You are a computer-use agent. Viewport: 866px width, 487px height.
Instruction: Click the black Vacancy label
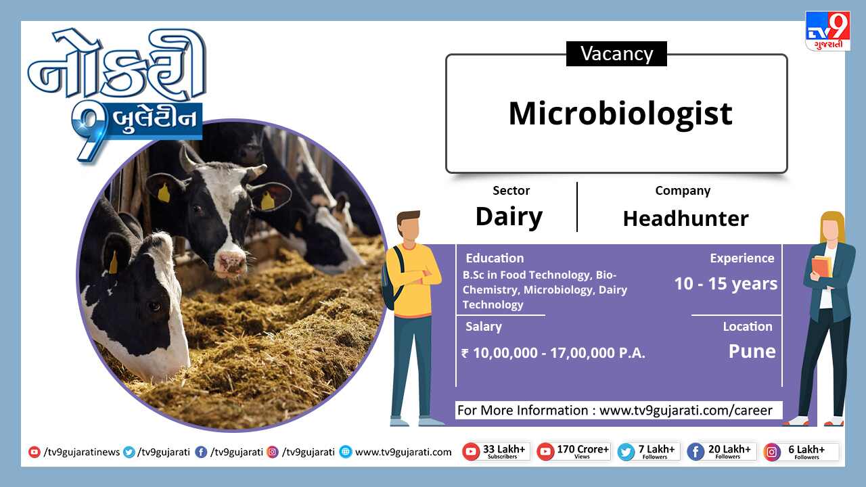pos(616,53)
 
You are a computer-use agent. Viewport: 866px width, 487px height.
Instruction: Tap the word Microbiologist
pos(620,114)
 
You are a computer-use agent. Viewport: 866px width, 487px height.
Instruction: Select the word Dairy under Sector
pos(509,217)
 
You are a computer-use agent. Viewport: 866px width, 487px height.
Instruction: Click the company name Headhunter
pos(685,218)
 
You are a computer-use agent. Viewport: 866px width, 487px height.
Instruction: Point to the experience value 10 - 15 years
pos(726,283)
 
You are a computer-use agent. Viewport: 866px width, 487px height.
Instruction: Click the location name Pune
pos(752,351)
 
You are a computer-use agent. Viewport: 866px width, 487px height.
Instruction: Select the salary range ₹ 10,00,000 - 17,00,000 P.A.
pos(553,353)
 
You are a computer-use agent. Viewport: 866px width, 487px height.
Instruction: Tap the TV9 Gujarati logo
pos(827,31)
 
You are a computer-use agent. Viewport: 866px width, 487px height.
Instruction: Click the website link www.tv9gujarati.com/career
pos(685,410)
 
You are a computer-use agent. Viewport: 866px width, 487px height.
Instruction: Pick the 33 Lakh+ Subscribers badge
pos(496,451)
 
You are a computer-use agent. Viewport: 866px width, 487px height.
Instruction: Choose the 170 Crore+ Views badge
pos(574,451)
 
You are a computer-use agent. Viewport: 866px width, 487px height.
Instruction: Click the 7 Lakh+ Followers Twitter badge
pos(648,451)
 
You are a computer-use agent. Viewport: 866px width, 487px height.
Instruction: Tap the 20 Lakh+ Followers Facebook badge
pos(721,451)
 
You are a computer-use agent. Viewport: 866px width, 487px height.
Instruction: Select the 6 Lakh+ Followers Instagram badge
pos(801,451)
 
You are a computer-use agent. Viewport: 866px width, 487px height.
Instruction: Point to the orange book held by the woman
pos(821,266)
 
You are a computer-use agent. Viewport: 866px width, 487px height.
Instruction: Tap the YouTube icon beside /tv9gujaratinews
pos(34,452)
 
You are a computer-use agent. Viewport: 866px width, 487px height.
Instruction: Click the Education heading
pos(495,258)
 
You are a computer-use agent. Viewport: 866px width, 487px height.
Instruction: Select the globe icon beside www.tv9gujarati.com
pos(346,452)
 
